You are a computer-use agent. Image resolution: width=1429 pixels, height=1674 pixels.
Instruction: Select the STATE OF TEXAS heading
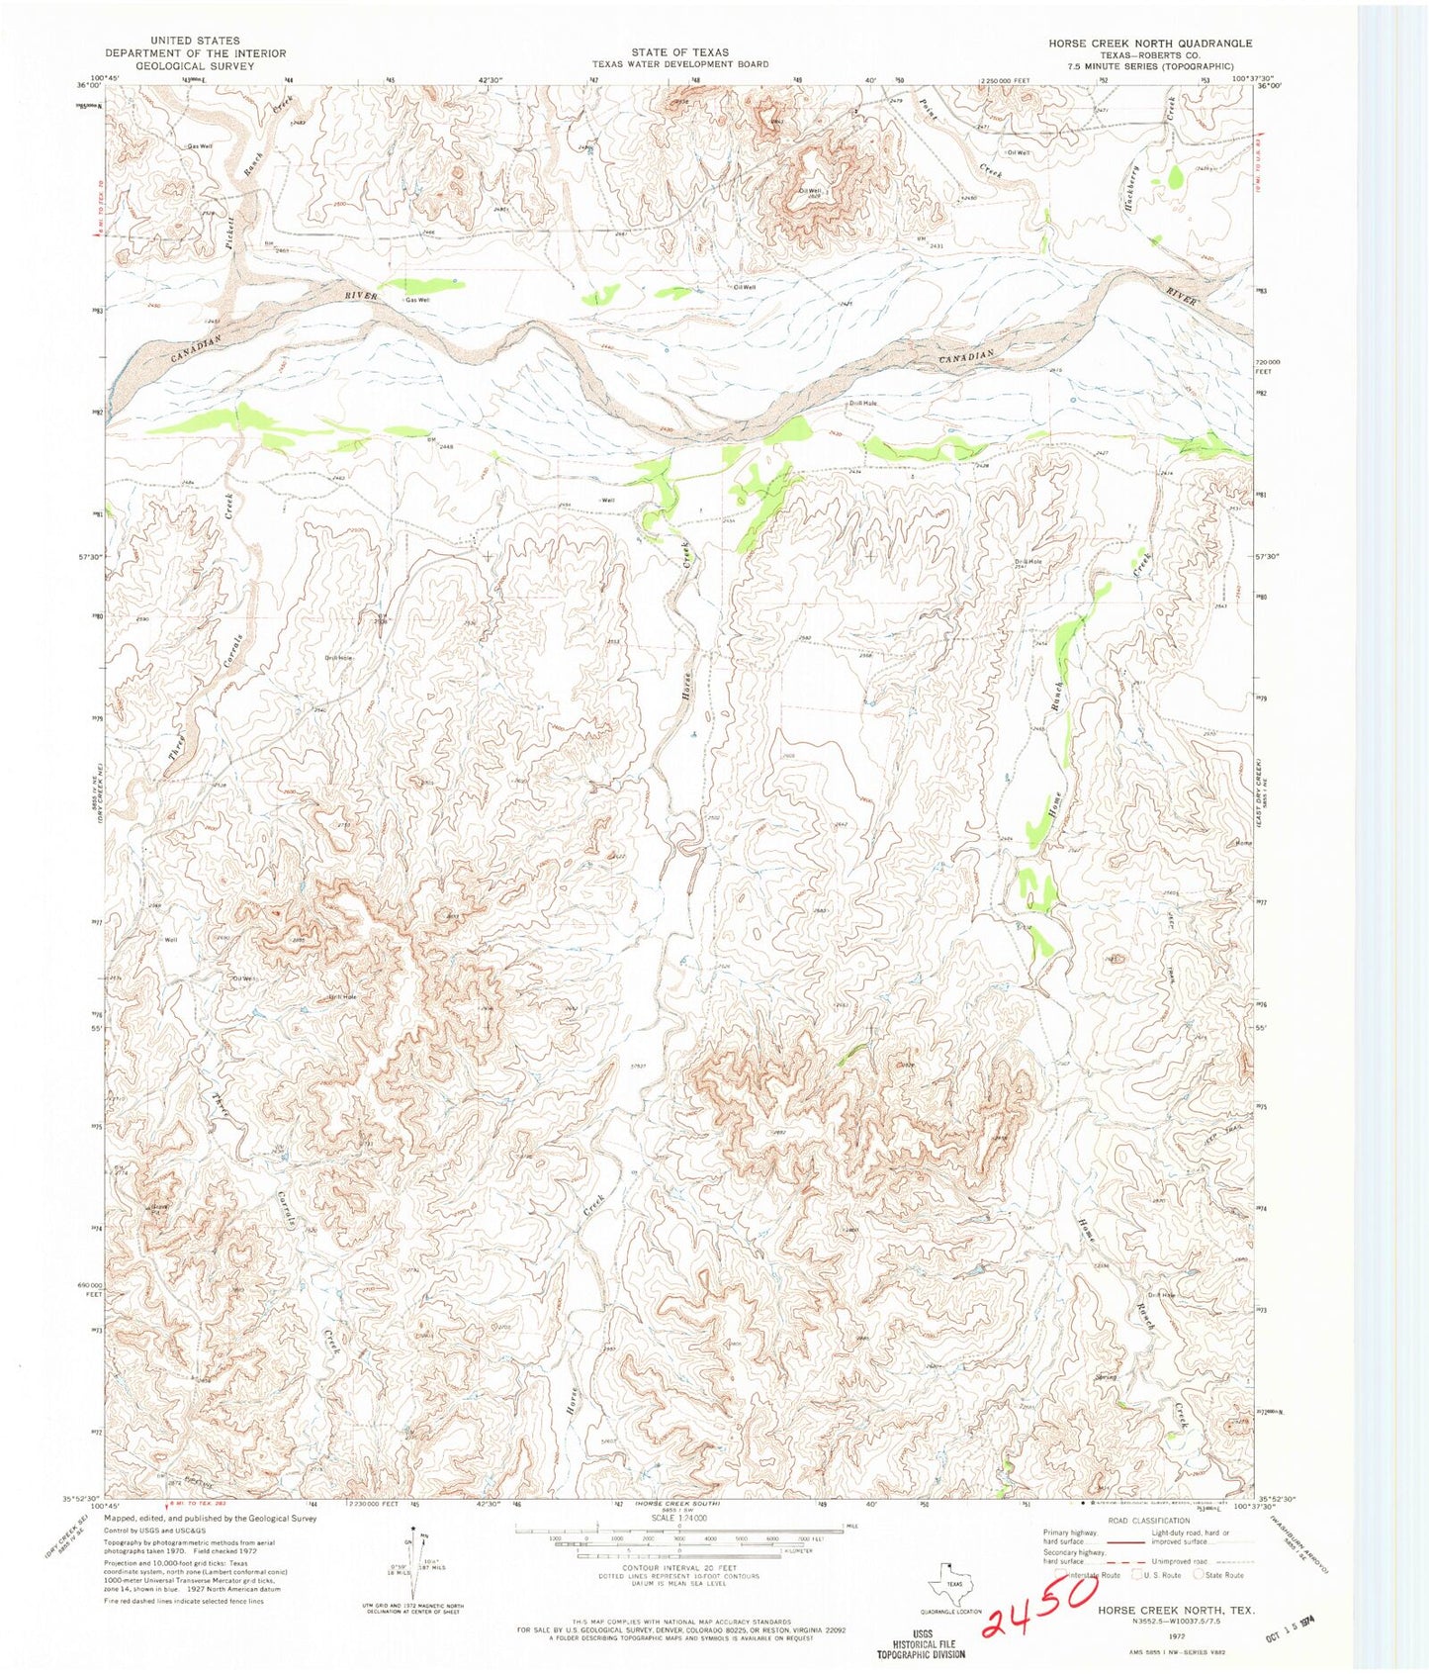pyautogui.click(x=680, y=52)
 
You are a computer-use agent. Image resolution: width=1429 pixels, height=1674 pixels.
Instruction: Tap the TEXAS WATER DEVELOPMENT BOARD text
pyautogui.click(x=680, y=64)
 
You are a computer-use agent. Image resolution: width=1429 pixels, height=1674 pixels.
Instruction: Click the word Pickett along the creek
pyautogui.click(x=229, y=220)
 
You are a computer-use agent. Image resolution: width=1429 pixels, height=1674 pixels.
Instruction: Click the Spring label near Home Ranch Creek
pyautogui.click(x=1105, y=1377)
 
